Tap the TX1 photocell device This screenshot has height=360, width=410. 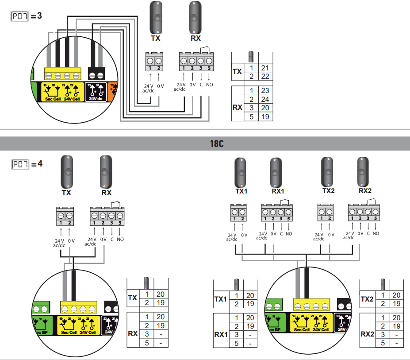(x=240, y=172)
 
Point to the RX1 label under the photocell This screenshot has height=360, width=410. (x=277, y=191)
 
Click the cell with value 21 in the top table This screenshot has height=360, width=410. (x=265, y=68)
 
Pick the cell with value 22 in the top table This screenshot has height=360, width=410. (x=265, y=77)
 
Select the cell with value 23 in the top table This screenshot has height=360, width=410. (x=265, y=90)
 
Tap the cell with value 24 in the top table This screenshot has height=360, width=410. (x=265, y=99)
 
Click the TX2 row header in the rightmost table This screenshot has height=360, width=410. (x=368, y=300)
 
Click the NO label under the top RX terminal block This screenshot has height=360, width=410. (x=209, y=84)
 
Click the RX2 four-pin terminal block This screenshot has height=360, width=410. (x=363, y=213)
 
